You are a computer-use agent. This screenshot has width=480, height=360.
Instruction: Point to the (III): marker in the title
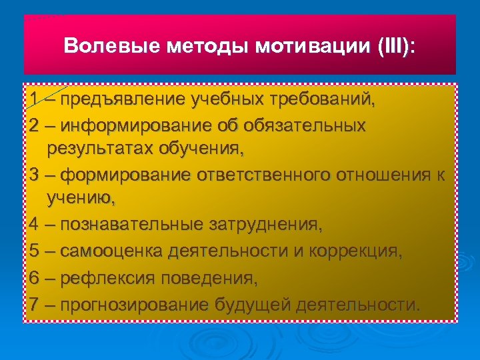pos(395,47)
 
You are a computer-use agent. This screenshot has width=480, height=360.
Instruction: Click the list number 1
pos(35,100)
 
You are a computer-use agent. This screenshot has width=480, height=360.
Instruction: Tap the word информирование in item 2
pos(136,125)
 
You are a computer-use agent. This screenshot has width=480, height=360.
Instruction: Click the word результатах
pos(100,148)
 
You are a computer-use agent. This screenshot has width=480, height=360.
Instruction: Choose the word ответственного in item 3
pos(263,175)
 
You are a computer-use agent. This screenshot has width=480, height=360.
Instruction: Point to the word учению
pos(81,198)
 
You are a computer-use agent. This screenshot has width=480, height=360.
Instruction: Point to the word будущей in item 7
pos(254,305)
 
